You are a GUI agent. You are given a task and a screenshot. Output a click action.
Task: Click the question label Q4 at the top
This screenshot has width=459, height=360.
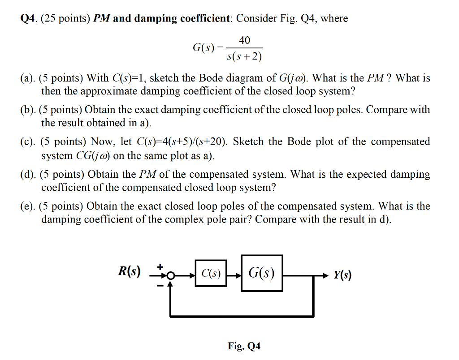29,18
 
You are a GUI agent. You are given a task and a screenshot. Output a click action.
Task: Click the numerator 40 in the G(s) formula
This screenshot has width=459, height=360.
244,40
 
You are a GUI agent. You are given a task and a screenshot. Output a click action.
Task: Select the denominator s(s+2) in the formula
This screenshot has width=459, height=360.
244,56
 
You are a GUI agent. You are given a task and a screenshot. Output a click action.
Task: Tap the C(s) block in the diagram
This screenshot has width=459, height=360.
211,273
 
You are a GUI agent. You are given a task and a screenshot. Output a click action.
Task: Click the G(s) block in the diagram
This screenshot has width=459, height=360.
262,273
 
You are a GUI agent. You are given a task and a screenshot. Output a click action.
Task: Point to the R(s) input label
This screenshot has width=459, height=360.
129,271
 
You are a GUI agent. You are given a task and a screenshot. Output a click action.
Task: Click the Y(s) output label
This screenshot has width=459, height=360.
342,275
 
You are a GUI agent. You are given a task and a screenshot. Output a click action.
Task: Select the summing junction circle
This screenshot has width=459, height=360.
170,276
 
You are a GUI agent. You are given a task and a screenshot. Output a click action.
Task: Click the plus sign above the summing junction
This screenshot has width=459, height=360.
159,266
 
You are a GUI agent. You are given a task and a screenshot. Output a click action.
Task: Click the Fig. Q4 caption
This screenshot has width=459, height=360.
244,346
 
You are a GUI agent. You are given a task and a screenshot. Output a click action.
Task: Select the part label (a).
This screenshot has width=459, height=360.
28,78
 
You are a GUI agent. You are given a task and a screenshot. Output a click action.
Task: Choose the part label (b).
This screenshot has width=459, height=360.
28,110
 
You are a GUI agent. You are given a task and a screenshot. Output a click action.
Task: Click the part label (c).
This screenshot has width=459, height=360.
28,142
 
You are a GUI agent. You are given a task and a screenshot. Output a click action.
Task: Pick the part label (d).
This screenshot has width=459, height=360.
28,174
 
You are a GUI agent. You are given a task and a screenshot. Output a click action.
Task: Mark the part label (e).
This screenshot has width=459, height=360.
28,206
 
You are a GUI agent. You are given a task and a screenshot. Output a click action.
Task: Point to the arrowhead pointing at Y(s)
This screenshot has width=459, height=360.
326,274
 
